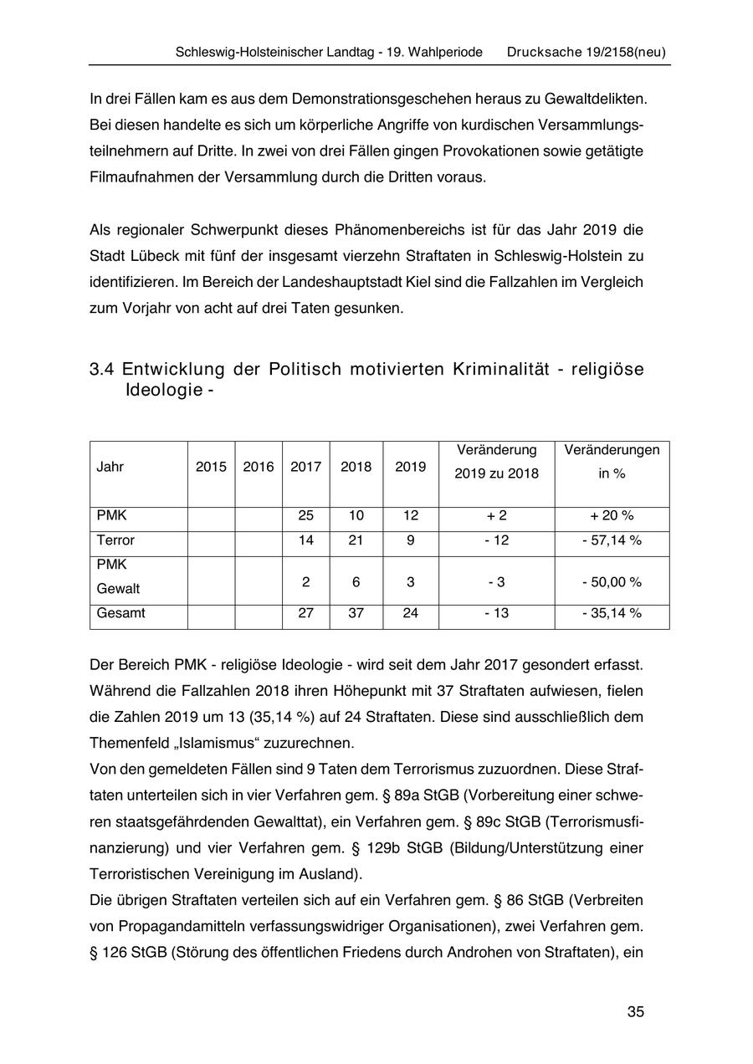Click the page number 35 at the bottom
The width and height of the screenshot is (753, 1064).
pos(635,1011)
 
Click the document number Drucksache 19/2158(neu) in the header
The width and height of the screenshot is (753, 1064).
pos(586,52)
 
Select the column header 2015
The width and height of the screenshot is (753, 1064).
pos(211,467)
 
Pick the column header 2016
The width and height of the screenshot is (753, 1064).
pos(259,467)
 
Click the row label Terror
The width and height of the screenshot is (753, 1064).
pos(115,540)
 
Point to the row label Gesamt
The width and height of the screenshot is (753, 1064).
pos(120,613)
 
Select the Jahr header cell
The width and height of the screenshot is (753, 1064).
pos(110,467)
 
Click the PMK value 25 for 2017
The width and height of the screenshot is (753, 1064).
pos(305,516)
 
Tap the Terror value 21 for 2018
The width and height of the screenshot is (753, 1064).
pos(356,540)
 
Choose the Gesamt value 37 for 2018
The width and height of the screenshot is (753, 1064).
pos(356,613)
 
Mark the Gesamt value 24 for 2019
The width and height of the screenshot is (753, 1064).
pos(410,613)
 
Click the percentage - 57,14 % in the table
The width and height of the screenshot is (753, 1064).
pos(612,540)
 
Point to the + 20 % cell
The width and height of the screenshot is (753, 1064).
pos(612,516)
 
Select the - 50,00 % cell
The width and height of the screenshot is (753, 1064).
pos(612,581)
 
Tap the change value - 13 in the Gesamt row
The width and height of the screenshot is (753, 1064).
pos(496,613)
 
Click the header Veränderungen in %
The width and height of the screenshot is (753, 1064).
pos(612,462)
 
